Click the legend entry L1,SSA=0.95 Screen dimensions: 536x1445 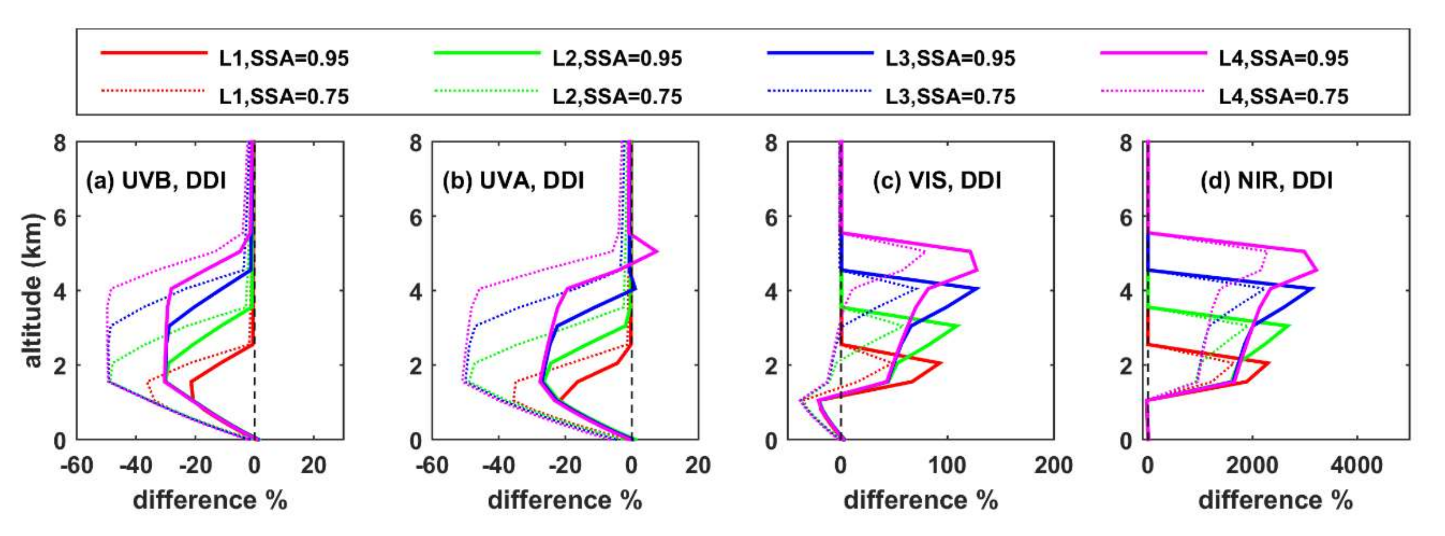click(284, 59)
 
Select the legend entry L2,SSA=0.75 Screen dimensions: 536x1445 click(617, 96)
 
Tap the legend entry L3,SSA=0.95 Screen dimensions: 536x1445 click(950, 59)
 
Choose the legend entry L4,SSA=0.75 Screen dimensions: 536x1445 click(1283, 96)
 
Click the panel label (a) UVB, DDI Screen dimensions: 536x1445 click(156, 181)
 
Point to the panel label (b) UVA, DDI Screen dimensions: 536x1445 click(513, 181)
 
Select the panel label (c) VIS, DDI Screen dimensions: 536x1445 click(937, 181)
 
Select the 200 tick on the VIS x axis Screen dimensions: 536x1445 click(1054, 465)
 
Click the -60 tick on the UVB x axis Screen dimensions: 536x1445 click(77, 465)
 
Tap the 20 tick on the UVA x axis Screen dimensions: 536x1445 click(698, 465)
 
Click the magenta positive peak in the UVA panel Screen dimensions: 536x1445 click(657, 252)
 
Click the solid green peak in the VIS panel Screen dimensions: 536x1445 click(958, 326)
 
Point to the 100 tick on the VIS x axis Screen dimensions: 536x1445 click(947, 465)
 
